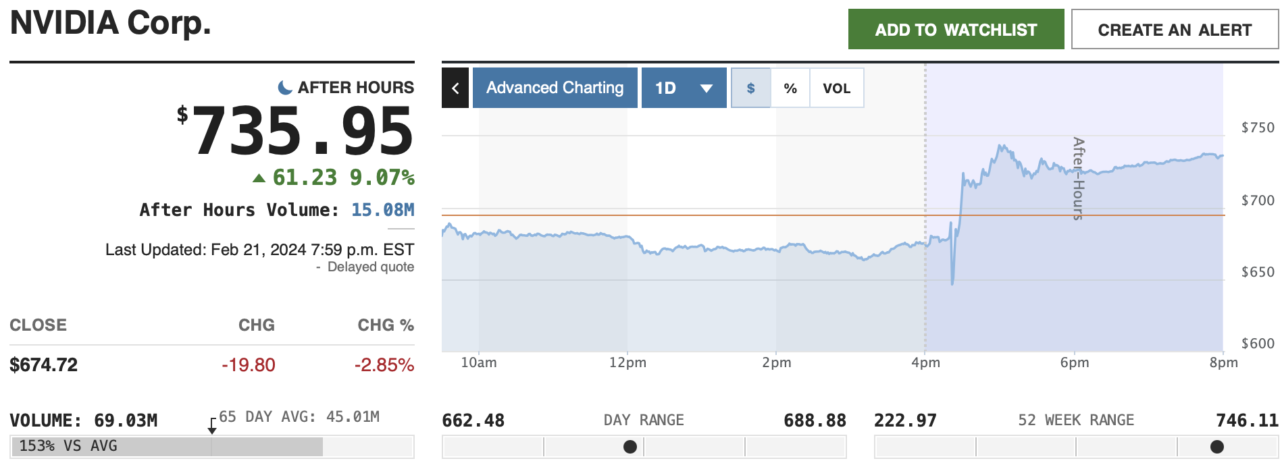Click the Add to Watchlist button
tap(956, 30)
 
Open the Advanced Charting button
tap(555, 88)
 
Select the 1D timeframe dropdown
tap(684, 88)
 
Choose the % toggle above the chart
tap(790, 88)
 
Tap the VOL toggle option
tap(836, 88)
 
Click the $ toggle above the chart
tap(750, 88)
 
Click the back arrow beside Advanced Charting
tap(455, 88)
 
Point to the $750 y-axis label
tap(1258, 128)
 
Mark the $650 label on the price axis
tap(1258, 272)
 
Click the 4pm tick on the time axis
tap(925, 362)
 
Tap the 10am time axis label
tap(478, 362)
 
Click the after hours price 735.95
tap(303, 132)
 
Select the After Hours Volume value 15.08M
tap(382, 210)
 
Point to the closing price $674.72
tap(44, 365)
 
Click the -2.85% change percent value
tap(384, 365)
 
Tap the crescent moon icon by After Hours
tap(285, 88)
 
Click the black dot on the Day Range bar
tap(630, 447)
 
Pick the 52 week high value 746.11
tap(1247, 421)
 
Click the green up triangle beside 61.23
tap(259, 178)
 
